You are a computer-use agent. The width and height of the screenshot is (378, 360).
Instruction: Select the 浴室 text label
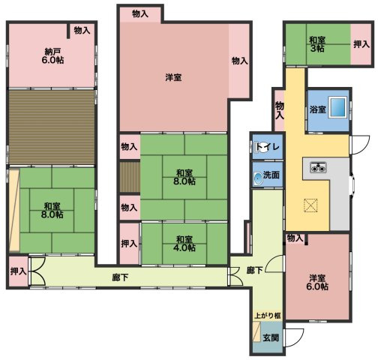pyautogui.click(x=317, y=109)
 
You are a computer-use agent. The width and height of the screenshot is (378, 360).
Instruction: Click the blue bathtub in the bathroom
pyautogui.click(x=336, y=107)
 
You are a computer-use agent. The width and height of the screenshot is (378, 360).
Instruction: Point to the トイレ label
pyautogui.click(x=267, y=147)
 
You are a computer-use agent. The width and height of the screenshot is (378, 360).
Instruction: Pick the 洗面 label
pyautogui.click(x=271, y=175)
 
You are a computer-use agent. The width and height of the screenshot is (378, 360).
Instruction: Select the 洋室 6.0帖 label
pyautogui.click(x=317, y=282)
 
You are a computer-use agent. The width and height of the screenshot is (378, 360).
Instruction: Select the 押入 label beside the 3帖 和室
pyautogui.click(x=360, y=44)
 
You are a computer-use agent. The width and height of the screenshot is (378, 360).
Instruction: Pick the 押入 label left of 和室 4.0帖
pyautogui.click(x=128, y=244)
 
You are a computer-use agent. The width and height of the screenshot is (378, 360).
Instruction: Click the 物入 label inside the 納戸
pyautogui.click(x=82, y=31)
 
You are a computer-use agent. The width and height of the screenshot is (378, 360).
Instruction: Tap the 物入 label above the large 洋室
pyautogui.click(x=139, y=13)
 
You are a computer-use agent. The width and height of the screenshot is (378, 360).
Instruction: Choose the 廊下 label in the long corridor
pyautogui.click(x=120, y=277)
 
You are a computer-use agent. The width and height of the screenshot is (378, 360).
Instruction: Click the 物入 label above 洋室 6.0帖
pyautogui.click(x=295, y=238)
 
